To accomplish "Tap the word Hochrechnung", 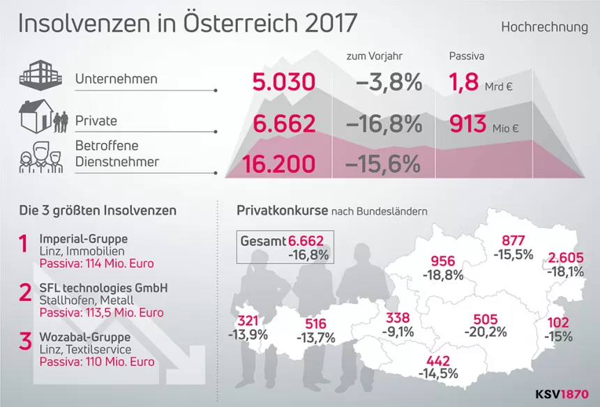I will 544,27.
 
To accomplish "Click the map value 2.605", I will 566,257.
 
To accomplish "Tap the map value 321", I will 248,321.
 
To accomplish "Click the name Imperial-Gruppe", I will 83,238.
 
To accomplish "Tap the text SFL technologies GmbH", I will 103,288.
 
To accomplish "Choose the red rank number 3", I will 24,341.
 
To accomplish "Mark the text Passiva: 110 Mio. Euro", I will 97,362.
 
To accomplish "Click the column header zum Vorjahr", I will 375,55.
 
